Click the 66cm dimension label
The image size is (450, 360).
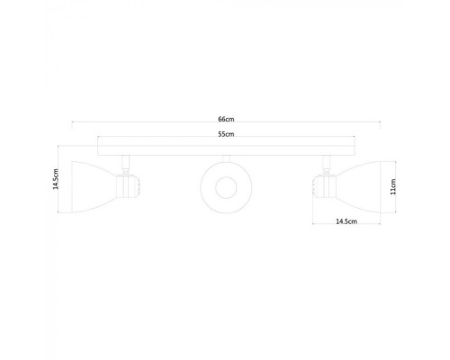click(x=225, y=119)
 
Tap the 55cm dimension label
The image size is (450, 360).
click(x=225, y=134)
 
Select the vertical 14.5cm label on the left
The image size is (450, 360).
click(x=56, y=183)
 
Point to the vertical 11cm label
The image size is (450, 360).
click(x=393, y=189)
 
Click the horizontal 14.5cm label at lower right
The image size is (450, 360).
click(x=346, y=220)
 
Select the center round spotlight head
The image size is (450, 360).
click(x=222, y=187)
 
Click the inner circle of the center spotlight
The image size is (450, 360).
click(x=222, y=187)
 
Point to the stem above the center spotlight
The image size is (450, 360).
click(x=222, y=157)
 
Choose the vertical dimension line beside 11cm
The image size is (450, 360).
click(x=385, y=188)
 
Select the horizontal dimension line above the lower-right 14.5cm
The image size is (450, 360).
click(x=346, y=226)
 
